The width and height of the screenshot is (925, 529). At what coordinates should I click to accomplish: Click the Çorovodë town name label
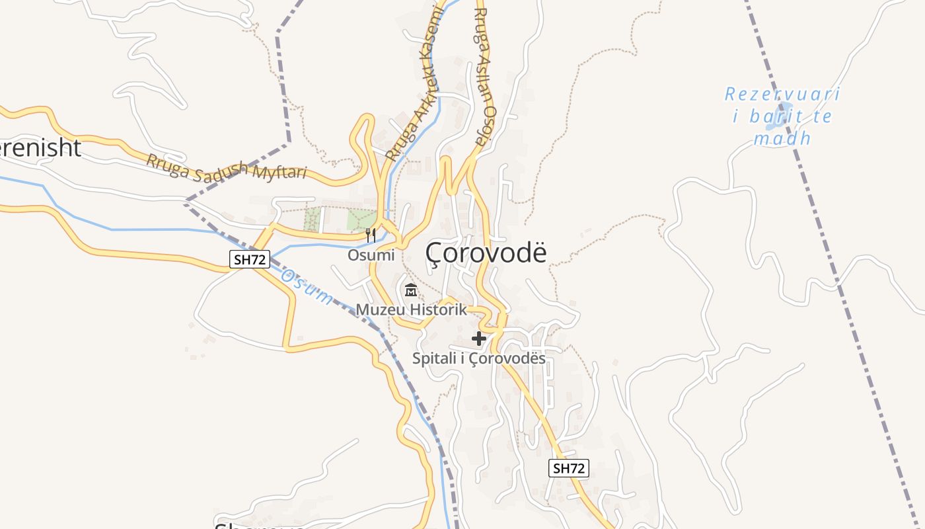click(486, 253)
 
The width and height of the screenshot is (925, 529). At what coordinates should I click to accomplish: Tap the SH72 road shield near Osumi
click(250, 260)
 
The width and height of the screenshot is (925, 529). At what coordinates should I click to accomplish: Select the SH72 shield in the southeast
click(568, 469)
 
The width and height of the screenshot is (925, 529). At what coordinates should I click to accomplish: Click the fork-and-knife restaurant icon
click(371, 235)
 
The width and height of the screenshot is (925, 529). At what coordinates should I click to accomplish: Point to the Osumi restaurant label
click(371, 255)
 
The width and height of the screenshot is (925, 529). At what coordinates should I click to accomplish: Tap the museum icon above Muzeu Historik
click(411, 290)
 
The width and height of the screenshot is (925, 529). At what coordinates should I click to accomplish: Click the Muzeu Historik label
click(411, 309)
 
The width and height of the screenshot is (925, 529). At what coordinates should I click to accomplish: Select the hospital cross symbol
click(479, 339)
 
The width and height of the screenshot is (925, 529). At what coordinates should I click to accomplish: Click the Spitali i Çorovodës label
click(479, 359)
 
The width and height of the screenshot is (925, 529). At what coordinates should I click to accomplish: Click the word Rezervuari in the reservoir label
click(782, 95)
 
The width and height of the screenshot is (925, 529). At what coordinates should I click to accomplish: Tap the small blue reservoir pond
click(784, 108)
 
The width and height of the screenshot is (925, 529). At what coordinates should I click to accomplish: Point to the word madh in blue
click(782, 139)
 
